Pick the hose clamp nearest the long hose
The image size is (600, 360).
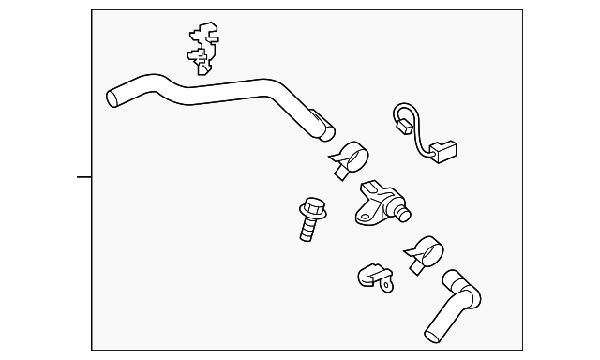click(352, 157)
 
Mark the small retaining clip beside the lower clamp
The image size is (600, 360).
click(373, 277)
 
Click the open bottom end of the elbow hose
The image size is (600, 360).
click(433, 331)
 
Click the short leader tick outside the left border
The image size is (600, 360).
click(83, 176)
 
